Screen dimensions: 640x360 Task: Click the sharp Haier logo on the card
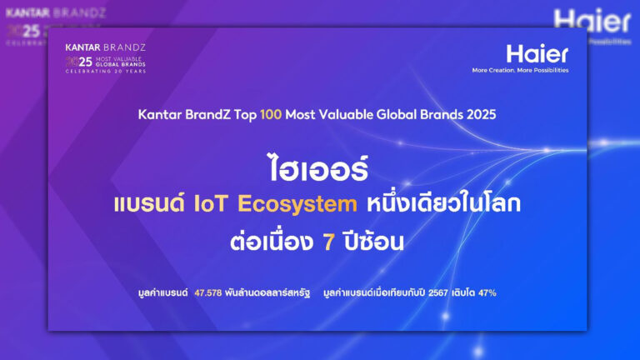coord(537,54)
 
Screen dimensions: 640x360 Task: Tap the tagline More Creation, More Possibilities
coord(520,70)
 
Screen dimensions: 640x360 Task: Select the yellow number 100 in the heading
coord(271,115)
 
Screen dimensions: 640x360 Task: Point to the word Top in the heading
coord(245,115)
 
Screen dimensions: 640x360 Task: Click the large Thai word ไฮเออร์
coord(317,168)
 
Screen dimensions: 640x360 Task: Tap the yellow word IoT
coord(210,203)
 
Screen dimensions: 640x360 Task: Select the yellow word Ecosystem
coord(297,204)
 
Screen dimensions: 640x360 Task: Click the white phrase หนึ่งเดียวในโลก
coord(443,202)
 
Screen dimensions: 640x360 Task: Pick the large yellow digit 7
coord(328,242)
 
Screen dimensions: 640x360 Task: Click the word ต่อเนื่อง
coord(272,241)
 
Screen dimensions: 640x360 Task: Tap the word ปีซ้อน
coord(374,241)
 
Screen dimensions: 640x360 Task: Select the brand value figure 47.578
coord(208,293)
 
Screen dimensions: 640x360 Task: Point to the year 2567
coord(438,293)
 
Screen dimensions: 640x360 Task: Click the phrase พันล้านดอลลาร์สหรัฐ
coord(267,293)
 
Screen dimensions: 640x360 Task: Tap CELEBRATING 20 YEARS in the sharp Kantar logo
coord(106,72)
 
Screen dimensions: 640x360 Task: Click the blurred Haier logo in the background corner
coord(592,21)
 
